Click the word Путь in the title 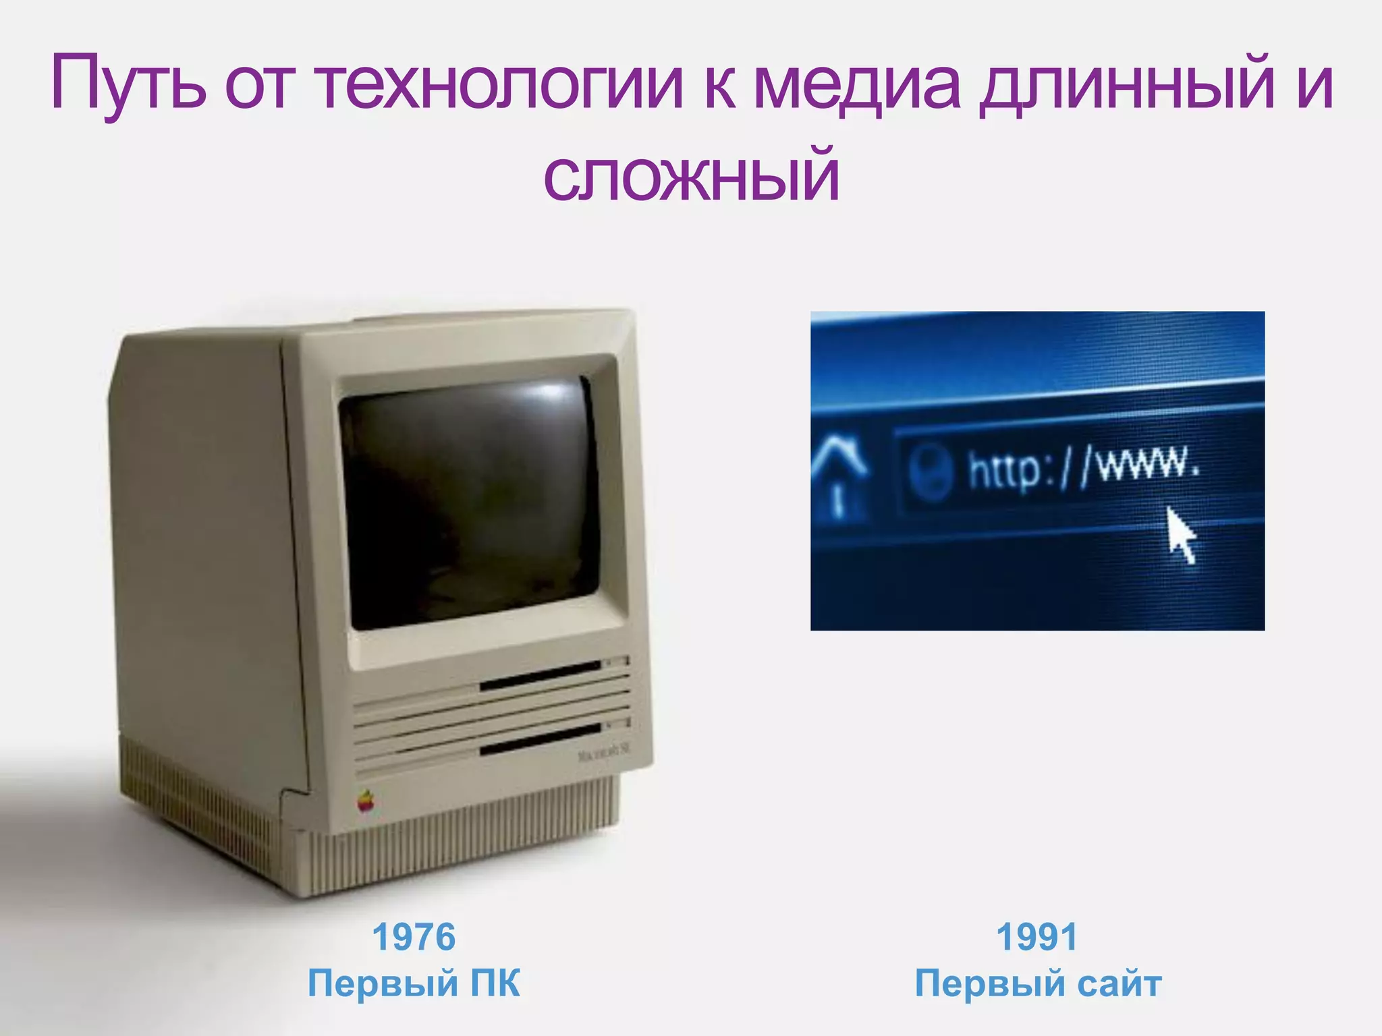point(128,87)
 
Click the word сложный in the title point(691,177)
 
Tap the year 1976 point(414,938)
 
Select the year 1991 point(1037,938)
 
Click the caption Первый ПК point(414,983)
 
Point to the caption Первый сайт point(1038,983)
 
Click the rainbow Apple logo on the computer point(365,801)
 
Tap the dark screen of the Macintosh point(469,502)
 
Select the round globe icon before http point(930,471)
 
